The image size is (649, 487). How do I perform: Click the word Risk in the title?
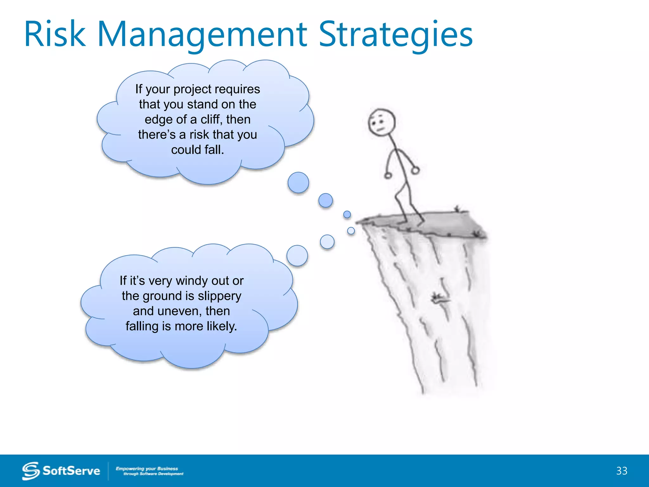[x=55, y=34]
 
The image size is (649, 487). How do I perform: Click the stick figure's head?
[x=382, y=122]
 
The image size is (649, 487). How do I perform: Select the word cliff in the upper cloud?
[x=210, y=120]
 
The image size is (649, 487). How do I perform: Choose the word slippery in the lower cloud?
[x=219, y=296]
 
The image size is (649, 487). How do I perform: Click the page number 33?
[x=622, y=471]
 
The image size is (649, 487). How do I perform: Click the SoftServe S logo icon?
[x=31, y=471]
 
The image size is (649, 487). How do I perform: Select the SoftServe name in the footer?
[x=71, y=471]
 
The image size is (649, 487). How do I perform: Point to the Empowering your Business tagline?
[x=147, y=469]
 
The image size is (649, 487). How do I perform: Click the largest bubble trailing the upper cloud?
[x=298, y=183]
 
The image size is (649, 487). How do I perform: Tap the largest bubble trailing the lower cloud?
[x=297, y=256]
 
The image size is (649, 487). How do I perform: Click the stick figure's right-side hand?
[x=415, y=171]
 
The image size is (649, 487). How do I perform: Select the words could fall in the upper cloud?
[x=197, y=150]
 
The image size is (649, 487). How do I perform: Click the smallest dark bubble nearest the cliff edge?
[x=347, y=215]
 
